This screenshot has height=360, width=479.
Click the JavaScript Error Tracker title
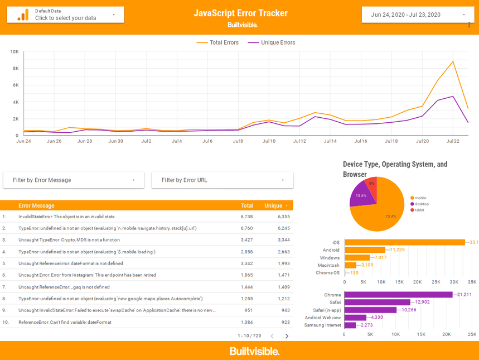pos(240,13)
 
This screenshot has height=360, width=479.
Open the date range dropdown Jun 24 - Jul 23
pos(417,15)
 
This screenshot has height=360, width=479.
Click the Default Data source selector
pos(65,15)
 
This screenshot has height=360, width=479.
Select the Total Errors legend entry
pos(217,42)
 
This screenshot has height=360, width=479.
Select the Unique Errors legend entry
pos(272,42)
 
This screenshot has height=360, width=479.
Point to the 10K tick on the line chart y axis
pos(14,52)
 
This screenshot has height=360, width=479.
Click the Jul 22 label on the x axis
pos(452,141)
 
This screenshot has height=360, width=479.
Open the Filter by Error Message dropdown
pos(74,180)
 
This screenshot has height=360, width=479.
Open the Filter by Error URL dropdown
pos(222,180)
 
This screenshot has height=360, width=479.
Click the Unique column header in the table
pos(273,205)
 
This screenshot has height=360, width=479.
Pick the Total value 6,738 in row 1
pos(246,217)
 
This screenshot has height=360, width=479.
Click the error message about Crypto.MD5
pos(69,240)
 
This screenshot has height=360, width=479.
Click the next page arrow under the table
pos(287,336)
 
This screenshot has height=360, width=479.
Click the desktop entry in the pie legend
pos(421,204)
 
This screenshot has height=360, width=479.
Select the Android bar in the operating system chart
pos(365,250)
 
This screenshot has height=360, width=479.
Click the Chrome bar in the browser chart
pos(398,295)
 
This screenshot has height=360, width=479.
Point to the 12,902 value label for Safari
pos(422,302)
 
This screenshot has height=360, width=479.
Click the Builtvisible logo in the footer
pos(254,351)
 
